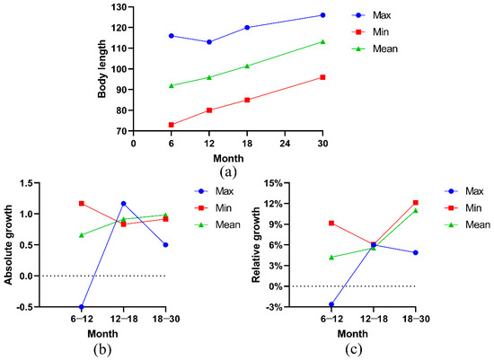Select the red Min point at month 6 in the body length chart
click(171, 125)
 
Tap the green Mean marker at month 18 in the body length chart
click(247, 66)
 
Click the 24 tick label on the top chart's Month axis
click(285, 142)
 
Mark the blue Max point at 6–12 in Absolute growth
click(82, 307)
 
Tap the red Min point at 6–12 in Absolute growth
click(82, 204)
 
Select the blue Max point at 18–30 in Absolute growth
click(166, 244)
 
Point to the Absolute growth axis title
click(11, 245)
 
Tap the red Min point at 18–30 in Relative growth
click(416, 203)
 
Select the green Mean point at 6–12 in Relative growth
click(331, 258)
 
